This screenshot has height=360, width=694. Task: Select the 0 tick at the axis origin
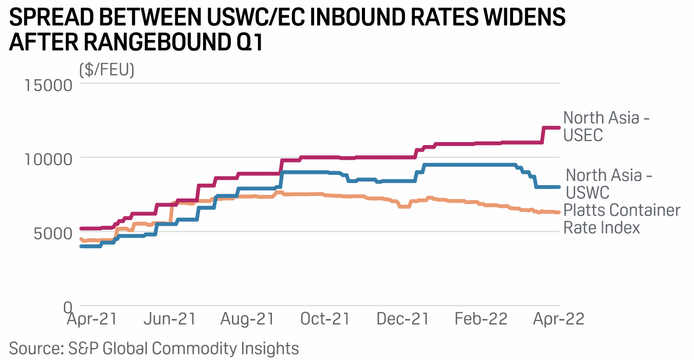point(67,307)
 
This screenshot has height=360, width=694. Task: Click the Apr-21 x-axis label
point(92,319)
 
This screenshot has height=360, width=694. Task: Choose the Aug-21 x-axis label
point(247,319)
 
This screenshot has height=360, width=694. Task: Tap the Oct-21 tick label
point(324,319)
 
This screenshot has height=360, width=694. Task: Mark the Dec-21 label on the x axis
point(403,319)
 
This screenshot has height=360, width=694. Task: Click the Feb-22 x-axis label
point(481,319)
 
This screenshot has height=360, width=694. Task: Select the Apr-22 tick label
point(558,319)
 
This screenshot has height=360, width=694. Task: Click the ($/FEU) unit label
point(106,69)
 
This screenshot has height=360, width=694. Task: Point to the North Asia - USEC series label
point(607,126)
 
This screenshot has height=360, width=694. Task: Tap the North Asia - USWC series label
point(609,184)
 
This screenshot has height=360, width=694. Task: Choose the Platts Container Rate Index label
point(622,219)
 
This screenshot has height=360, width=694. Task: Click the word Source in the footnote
point(35,348)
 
